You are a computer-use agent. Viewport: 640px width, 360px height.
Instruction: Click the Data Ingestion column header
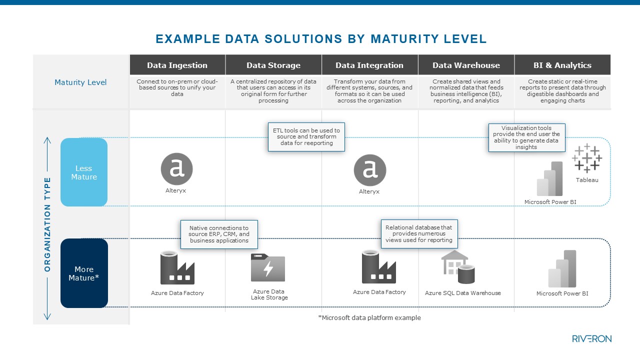tap(177, 65)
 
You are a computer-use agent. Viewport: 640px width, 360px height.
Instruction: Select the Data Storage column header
tap(273, 65)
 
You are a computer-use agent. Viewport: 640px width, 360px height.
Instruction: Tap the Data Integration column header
tap(369, 65)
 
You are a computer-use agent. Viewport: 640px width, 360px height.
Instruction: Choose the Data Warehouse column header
tap(466, 65)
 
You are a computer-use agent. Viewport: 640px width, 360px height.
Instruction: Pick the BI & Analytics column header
tap(562, 65)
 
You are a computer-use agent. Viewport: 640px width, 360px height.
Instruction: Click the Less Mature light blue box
tap(84, 172)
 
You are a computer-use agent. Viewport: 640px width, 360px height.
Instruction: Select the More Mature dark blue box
tap(84, 273)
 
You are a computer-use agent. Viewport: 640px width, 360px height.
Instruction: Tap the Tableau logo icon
tap(587, 158)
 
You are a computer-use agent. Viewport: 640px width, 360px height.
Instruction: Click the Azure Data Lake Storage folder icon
tap(268, 267)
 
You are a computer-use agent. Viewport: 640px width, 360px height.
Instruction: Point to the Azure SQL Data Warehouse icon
tap(458, 266)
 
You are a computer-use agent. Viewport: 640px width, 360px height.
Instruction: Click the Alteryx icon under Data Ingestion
tap(176, 169)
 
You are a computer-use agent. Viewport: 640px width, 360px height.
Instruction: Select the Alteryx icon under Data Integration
tap(369, 170)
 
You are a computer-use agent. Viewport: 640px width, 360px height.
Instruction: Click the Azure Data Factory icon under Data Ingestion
tap(177, 267)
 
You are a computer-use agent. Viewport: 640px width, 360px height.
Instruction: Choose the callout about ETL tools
tap(306, 136)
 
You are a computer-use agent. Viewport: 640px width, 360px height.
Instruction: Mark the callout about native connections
tap(219, 234)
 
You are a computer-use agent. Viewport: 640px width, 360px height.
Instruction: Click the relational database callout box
tap(418, 233)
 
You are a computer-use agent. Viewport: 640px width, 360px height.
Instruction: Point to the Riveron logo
tap(591, 338)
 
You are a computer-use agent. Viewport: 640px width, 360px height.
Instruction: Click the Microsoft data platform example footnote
tap(369, 317)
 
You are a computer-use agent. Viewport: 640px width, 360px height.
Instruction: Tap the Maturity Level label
tap(80, 82)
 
